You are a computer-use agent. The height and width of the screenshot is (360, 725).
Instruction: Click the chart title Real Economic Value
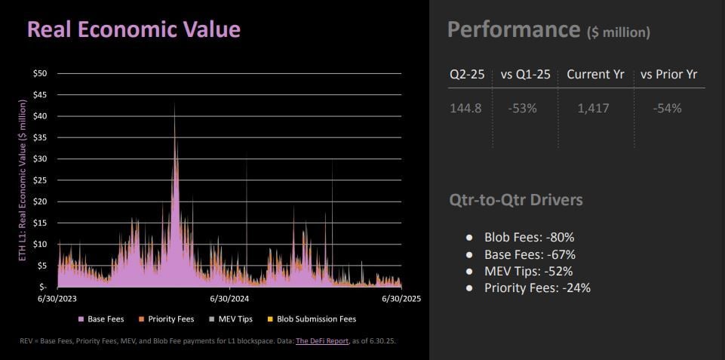coord(134,29)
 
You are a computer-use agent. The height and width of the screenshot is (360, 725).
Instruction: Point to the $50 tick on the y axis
coord(40,73)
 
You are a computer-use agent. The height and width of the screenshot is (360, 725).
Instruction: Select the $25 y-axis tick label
coord(40,180)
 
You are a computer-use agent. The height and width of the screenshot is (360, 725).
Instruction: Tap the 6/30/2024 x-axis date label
coord(229,300)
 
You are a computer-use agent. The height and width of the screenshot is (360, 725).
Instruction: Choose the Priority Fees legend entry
coord(171,319)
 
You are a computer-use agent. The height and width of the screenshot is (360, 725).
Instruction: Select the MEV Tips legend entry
coord(234,319)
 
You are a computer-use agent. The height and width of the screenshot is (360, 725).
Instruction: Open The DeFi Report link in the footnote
coord(322,341)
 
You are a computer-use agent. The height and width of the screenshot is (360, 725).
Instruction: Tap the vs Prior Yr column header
coord(668,75)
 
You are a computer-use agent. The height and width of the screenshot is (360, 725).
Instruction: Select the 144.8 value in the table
coord(465,108)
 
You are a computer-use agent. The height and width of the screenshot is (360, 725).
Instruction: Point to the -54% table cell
coord(668,108)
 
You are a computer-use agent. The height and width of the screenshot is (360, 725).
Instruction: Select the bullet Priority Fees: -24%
coord(537,288)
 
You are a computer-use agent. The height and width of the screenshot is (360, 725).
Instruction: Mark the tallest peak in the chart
coord(174,104)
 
